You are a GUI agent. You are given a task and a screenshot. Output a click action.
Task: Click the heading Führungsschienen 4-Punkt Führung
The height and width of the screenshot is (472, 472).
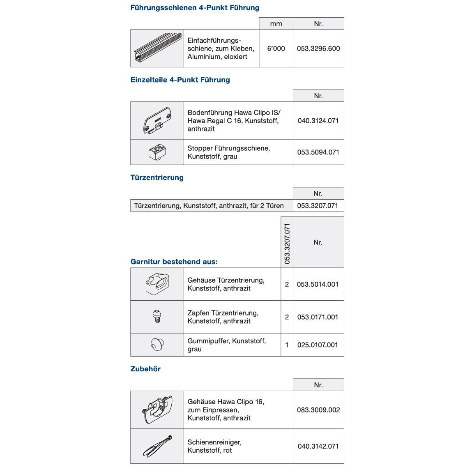[x=195, y=8]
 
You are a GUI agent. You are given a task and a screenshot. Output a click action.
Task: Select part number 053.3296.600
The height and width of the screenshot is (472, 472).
[x=318, y=48]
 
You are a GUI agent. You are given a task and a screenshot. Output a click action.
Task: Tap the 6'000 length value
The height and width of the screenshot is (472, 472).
[x=276, y=48]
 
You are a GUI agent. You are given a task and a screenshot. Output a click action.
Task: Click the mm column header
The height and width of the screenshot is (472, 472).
[x=276, y=24]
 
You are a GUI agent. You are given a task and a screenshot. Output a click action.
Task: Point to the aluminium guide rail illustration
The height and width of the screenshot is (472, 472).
[x=157, y=48]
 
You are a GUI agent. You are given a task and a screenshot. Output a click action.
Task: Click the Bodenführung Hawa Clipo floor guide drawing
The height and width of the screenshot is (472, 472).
[x=157, y=120]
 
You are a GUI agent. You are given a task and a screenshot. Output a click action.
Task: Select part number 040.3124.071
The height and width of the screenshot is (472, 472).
[x=318, y=121]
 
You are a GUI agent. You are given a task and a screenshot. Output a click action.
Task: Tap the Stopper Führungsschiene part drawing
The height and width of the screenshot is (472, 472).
[x=157, y=152]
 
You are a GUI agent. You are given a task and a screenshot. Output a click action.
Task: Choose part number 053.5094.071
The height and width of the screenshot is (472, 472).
[x=318, y=152]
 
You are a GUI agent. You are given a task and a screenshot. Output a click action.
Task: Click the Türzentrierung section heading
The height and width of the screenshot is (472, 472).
[x=157, y=177]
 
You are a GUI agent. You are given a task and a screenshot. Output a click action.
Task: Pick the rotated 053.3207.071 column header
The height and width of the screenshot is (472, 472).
[x=287, y=243]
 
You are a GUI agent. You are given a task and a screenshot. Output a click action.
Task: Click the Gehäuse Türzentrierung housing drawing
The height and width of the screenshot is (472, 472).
[x=157, y=284]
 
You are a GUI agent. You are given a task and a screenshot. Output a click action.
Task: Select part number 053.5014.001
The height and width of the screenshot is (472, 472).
[x=318, y=284]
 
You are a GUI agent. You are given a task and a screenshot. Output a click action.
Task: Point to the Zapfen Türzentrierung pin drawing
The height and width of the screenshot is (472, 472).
[x=157, y=317]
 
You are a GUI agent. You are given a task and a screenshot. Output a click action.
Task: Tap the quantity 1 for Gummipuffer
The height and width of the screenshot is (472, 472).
[x=287, y=345]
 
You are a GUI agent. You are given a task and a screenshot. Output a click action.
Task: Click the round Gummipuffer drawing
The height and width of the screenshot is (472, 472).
[x=157, y=345]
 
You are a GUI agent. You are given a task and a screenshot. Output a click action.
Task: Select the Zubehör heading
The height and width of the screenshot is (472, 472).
[x=145, y=369]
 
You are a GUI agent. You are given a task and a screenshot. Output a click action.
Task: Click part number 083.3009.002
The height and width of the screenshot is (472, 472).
[x=318, y=410]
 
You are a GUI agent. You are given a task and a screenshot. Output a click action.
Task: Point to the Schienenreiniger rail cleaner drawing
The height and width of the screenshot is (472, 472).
[x=157, y=446]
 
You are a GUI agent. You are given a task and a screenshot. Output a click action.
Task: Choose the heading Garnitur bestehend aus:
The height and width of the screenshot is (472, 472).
[x=174, y=262]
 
